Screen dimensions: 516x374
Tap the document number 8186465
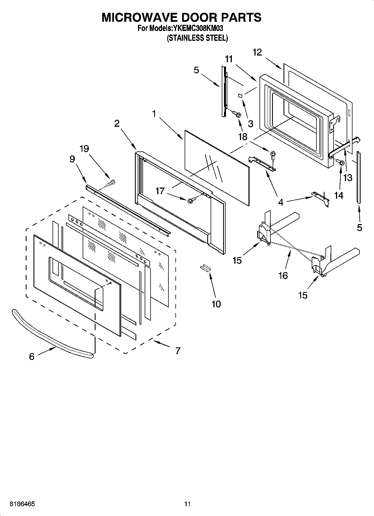[x=22, y=504]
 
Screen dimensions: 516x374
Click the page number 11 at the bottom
[x=187, y=504]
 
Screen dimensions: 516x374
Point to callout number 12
[x=257, y=52]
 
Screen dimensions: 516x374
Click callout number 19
[x=84, y=149]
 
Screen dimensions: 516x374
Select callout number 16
[x=283, y=275]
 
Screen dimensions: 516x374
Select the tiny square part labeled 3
[x=240, y=96]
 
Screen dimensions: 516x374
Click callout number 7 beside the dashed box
[x=178, y=351]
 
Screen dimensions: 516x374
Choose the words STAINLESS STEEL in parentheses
[x=197, y=38]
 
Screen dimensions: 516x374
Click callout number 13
[x=348, y=177]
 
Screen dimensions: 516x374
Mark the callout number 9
[x=72, y=159]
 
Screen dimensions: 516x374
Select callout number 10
[x=216, y=304]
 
